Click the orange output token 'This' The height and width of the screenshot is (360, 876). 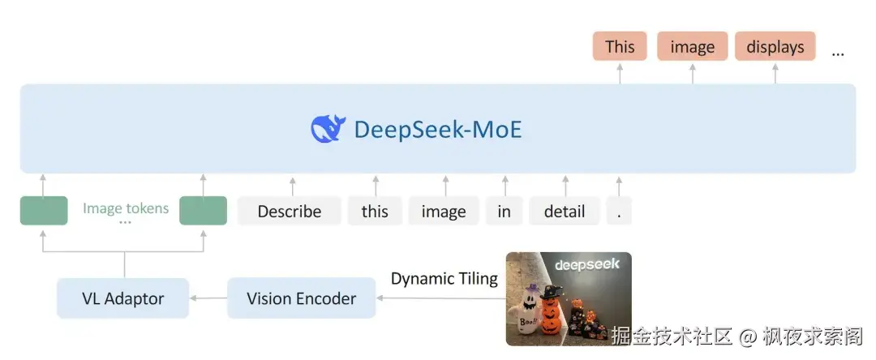pos(620,46)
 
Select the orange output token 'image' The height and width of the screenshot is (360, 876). pos(692,46)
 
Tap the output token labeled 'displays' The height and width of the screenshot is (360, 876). pos(775,46)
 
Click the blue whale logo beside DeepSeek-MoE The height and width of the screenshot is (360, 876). pos(328,129)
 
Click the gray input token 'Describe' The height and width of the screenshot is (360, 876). pos(289,211)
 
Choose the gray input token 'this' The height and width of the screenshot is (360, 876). pos(375,211)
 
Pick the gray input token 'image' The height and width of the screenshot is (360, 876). pos(444,211)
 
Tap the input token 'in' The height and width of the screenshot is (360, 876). pos(505,211)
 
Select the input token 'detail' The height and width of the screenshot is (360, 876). pos(565,211)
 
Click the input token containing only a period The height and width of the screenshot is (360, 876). pos(619,211)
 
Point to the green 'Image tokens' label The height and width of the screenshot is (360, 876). pos(126,208)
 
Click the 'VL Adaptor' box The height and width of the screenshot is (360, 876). pos(122,298)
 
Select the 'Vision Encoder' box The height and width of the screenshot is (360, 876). pos(301,298)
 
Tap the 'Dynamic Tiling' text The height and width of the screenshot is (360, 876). pos(444,279)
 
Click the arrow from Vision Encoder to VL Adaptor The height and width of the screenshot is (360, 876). pos(208,298)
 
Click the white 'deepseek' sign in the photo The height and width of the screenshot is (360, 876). pos(587,264)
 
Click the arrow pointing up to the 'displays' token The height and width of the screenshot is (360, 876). pos(775,72)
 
